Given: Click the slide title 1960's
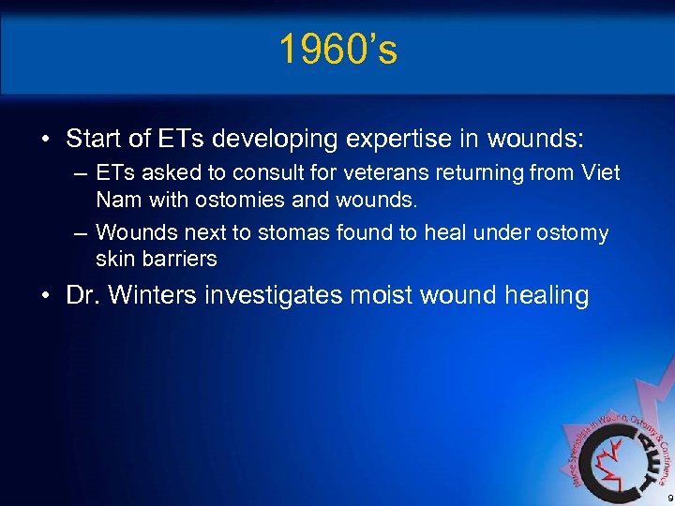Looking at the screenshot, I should (337, 51).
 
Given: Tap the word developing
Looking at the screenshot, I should (281, 140).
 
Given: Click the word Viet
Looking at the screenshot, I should (600, 173).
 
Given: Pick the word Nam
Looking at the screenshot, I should (116, 199).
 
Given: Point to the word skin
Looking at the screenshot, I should (114, 258).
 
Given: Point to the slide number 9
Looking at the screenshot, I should (667, 497).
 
